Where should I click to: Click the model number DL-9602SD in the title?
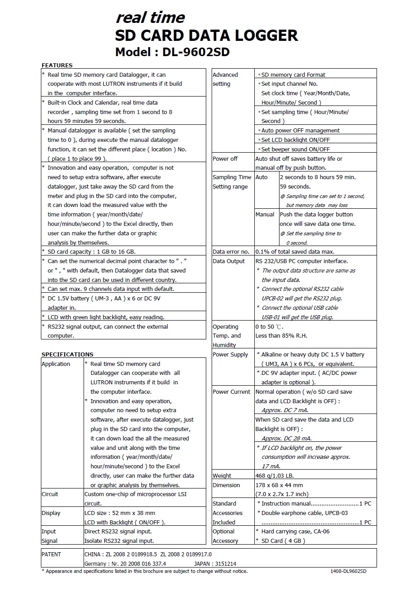[x=196, y=52]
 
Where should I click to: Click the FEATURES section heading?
[x=57, y=65]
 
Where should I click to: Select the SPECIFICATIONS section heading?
[x=67, y=354]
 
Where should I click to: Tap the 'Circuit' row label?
[x=50, y=494]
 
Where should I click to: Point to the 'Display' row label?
[x=51, y=513]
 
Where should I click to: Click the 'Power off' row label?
[x=225, y=158]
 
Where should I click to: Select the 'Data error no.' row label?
[x=231, y=251]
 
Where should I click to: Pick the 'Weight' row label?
[x=222, y=475]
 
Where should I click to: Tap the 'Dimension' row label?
[x=226, y=485]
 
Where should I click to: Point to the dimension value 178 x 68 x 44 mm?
[x=279, y=485]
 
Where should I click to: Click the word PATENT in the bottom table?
[x=51, y=554]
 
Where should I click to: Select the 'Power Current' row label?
[x=231, y=392]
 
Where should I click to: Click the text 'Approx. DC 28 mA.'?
[x=287, y=438]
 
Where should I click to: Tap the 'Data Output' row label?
[x=229, y=261]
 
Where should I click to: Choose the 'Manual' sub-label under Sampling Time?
[x=265, y=214]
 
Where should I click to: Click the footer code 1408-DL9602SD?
[x=348, y=571]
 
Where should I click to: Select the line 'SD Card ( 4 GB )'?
[x=283, y=541]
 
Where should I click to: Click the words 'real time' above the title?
[x=150, y=18]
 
